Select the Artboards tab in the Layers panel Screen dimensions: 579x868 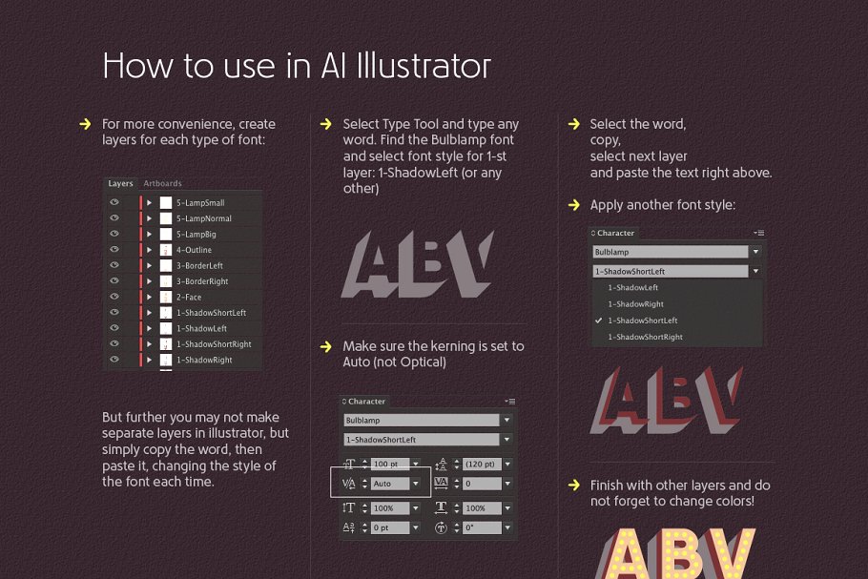[x=162, y=183]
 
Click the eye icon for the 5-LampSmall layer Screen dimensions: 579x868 [x=114, y=203]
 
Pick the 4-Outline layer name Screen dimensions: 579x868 [x=194, y=250]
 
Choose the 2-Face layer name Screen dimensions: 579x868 [x=188, y=297]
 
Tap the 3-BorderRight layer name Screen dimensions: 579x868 [x=201, y=281]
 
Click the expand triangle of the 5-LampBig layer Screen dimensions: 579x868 [x=149, y=235]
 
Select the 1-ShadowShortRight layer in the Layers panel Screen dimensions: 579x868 [x=213, y=344]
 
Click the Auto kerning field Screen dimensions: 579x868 [x=389, y=484]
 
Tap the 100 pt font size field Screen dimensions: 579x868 [x=389, y=464]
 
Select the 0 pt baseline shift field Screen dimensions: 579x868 [x=389, y=527]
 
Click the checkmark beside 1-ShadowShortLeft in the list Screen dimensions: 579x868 [x=598, y=321]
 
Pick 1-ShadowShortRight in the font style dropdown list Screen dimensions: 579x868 [x=645, y=337]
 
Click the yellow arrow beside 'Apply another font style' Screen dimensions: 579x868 [x=574, y=205]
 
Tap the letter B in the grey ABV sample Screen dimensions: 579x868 [x=417, y=264]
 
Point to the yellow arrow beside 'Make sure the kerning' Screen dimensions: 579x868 [x=327, y=346]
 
